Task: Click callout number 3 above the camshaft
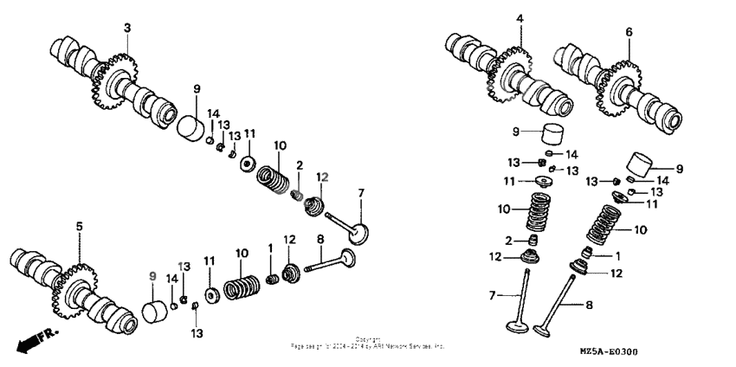pos(126,29)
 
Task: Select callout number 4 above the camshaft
pos(520,18)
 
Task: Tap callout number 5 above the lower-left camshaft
pos(79,226)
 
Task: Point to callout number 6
pos(629,32)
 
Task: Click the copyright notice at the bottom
pos(367,343)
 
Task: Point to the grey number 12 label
pos(322,177)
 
